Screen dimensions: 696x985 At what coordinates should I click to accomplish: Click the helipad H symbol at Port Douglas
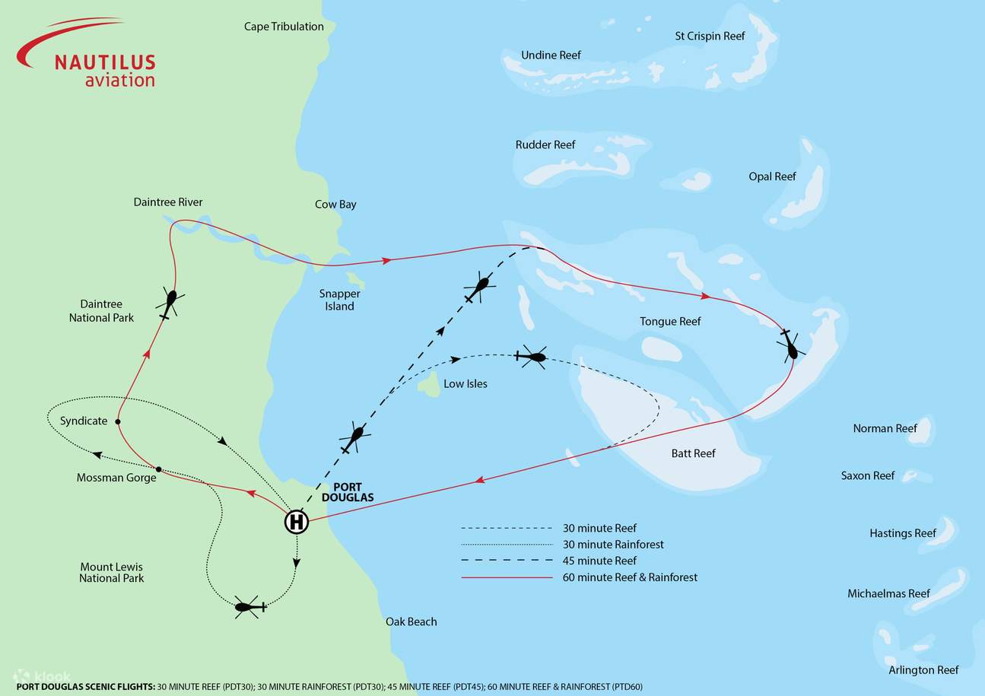tap(297, 523)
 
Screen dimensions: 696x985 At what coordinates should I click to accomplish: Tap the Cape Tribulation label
tap(284, 27)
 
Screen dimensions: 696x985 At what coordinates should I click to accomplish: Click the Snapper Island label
tap(339, 300)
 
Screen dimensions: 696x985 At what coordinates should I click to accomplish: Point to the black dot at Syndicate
tap(118, 421)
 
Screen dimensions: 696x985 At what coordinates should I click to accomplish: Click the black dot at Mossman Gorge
tap(158, 469)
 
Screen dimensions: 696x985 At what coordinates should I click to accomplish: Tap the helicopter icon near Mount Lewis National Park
tap(249, 606)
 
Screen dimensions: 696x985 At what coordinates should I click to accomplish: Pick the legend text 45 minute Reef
tap(599, 561)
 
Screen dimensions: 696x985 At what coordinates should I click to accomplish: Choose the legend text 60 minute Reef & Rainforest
tap(630, 577)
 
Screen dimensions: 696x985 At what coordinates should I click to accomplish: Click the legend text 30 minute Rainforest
tap(613, 545)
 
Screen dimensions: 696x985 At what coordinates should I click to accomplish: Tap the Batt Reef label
tap(693, 453)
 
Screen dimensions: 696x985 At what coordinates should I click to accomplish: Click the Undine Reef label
tap(551, 56)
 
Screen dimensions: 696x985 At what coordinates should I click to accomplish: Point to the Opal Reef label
tap(772, 176)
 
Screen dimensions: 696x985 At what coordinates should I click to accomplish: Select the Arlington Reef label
tap(923, 670)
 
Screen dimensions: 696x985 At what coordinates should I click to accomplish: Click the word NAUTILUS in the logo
tap(105, 62)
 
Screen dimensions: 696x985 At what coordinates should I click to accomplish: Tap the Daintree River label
tap(168, 202)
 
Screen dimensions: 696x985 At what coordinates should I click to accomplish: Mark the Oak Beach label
tap(411, 621)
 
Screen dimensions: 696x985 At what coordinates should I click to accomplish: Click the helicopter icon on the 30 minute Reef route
tap(532, 356)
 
